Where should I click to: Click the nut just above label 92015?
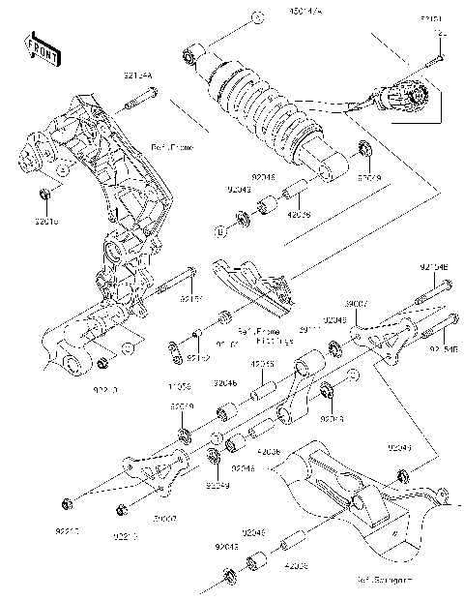coord(46,198)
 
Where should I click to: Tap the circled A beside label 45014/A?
coord(254,18)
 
